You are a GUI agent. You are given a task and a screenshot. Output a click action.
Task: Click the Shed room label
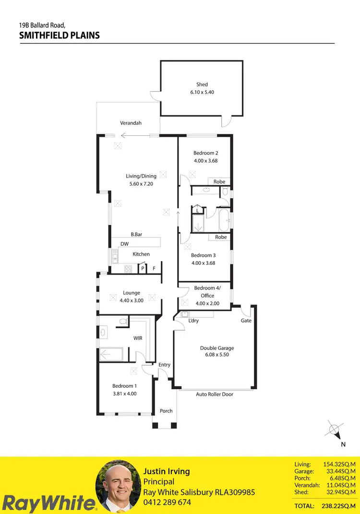click(x=202, y=84)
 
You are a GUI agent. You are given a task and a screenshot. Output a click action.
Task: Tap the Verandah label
click(x=131, y=123)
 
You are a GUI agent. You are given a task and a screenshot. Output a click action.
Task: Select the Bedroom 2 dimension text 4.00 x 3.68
click(x=205, y=161)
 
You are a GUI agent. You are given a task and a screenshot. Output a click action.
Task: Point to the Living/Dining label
click(x=141, y=176)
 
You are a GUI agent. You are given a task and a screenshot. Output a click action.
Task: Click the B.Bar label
click(x=136, y=235)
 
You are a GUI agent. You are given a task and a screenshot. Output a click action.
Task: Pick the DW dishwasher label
click(x=124, y=244)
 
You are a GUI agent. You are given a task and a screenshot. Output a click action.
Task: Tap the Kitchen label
click(x=141, y=254)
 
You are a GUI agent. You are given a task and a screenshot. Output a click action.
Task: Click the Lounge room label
click(x=132, y=293)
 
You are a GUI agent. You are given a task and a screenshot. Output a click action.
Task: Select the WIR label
click(x=138, y=338)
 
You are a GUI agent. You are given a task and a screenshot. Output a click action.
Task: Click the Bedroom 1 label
click(x=124, y=386)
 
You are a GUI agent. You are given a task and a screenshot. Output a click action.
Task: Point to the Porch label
click(x=166, y=411)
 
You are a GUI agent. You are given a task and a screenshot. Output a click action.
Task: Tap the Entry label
click(x=164, y=365)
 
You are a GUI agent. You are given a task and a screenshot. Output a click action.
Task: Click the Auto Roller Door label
click(x=215, y=394)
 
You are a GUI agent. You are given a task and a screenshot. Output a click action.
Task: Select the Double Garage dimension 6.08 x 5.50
click(x=217, y=356)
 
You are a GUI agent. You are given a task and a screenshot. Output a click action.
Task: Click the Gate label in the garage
click(x=246, y=321)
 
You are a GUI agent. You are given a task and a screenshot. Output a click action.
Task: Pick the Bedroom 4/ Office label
click(x=207, y=292)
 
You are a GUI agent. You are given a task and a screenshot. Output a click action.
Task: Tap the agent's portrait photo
click(x=117, y=486)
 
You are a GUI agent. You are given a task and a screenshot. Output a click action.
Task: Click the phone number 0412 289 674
click(x=167, y=502)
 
